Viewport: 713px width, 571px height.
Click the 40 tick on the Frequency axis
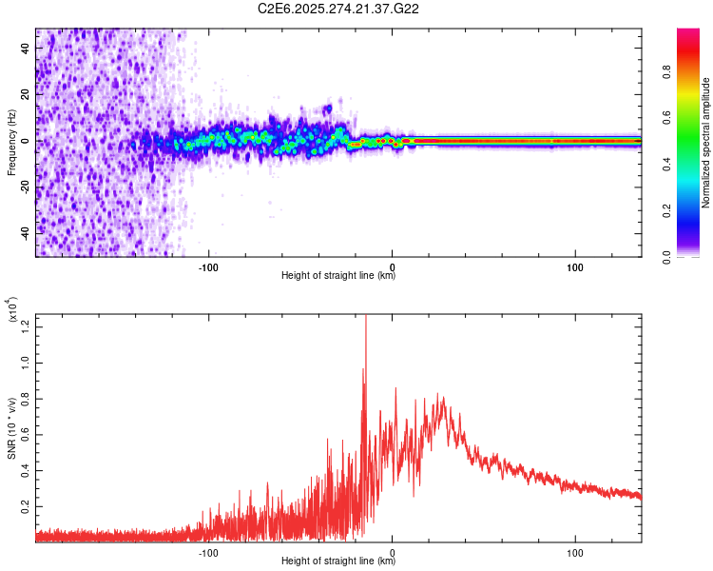[27, 49]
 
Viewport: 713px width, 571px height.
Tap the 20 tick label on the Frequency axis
[27, 95]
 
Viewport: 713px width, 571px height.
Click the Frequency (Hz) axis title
[11, 143]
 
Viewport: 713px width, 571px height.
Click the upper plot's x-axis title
[338, 275]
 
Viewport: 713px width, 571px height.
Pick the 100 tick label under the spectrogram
[575, 266]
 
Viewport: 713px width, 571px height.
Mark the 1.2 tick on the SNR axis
[27, 327]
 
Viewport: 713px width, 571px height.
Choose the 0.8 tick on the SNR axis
[27, 400]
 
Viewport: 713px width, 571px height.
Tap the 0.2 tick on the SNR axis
[27, 508]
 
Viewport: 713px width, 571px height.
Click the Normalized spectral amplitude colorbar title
[705, 143]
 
